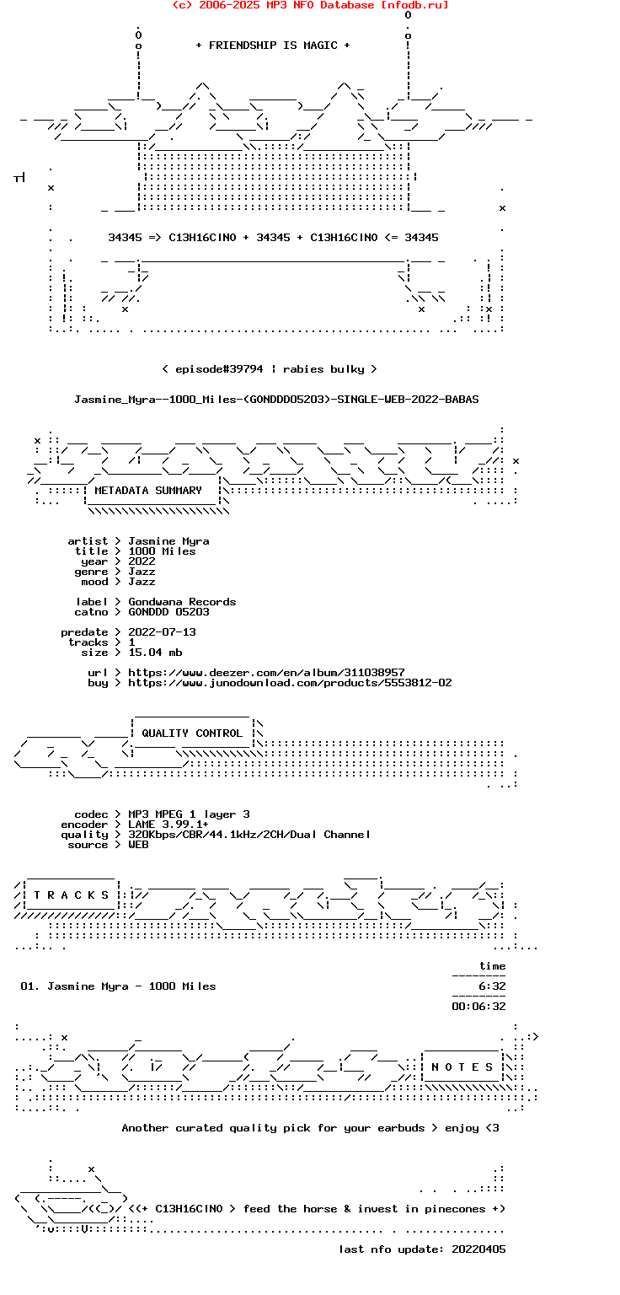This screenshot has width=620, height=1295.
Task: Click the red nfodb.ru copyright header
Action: tap(310, 5)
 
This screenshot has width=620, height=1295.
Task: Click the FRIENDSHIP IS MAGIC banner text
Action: tap(273, 45)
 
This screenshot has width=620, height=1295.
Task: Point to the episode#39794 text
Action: tap(219, 368)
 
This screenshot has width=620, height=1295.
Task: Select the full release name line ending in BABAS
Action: tap(276, 400)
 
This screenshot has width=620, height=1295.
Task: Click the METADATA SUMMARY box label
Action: tap(148, 490)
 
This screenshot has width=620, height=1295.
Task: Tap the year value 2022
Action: tap(142, 562)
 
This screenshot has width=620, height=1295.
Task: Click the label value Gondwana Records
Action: tap(182, 602)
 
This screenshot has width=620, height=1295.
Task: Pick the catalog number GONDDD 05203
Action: tap(168, 611)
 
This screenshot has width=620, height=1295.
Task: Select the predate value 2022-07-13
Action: tap(162, 631)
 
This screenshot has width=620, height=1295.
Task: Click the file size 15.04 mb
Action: tap(155, 652)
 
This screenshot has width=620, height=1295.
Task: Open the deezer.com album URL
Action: tap(266, 672)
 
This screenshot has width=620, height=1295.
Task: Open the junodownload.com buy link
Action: tap(290, 683)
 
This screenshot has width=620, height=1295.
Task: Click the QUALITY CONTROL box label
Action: tap(192, 733)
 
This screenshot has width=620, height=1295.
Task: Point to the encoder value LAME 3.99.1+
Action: tap(168, 825)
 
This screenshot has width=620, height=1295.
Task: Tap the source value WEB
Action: tap(138, 845)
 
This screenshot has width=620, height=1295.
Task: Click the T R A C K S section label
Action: tap(71, 895)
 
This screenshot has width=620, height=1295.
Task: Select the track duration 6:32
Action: tap(492, 986)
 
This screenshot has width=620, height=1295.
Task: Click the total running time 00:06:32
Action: tap(478, 1007)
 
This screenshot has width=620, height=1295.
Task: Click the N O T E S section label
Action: tap(462, 1067)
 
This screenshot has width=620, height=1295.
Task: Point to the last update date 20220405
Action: tap(478, 1249)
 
